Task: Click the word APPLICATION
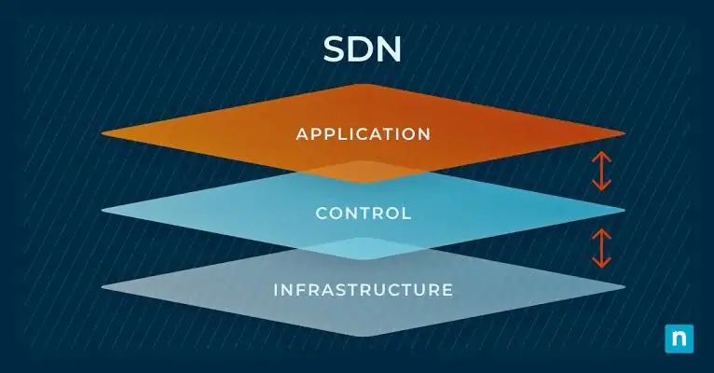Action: pyautogui.click(x=364, y=134)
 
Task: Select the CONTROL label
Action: pyautogui.click(x=364, y=214)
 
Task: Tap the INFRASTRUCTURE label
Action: pyautogui.click(x=364, y=290)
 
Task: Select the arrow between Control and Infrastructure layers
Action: pyautogui.click(x=602, y=248)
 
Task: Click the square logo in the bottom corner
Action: pyautogui.click(x=680, y=338)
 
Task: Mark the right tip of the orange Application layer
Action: pyautogui.click(x=622, y=133)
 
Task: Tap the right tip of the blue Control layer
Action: pyautogui.click(x=622, y=211)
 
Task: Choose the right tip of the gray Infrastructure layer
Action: pyautogui.click(x=622, y=287)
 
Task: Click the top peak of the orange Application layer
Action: pyautogui.click(x=363, y=87)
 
